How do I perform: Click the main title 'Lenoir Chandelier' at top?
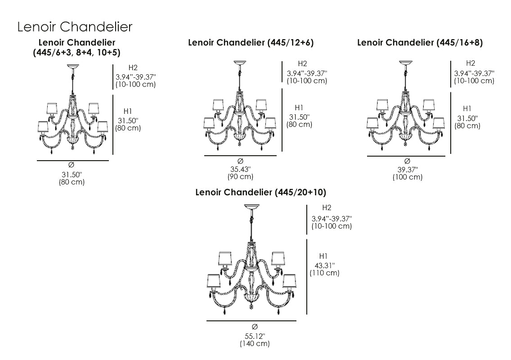[x=75, y=27]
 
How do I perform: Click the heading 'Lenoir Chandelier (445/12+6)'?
[x=251, y=43]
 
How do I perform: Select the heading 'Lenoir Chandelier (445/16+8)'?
[x=420, y=43]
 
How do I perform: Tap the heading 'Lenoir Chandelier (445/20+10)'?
[x=260, y=193]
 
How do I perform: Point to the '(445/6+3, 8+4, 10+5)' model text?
[x=76, y=52]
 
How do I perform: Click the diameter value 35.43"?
[x=241, y=169]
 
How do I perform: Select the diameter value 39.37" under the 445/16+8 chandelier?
[x=408, y=169]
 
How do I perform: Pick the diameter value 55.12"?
[x=255, y=336]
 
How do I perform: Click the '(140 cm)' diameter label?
[x=255, y=344]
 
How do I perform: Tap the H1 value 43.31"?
[x=324, y=265]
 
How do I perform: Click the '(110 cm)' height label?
[x=324, y=273]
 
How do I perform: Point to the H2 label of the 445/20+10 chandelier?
[x=327, y=207]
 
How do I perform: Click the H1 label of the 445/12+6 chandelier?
[x=299, y=108]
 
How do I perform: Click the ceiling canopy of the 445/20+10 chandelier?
[x=252, y=207]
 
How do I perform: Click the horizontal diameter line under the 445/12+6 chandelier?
[x=240, y=156]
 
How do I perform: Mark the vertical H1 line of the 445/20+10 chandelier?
[x=307, y=277]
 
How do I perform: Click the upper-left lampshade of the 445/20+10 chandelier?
[x=224, y=258]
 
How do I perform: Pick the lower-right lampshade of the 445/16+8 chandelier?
[x=439, y=122]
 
